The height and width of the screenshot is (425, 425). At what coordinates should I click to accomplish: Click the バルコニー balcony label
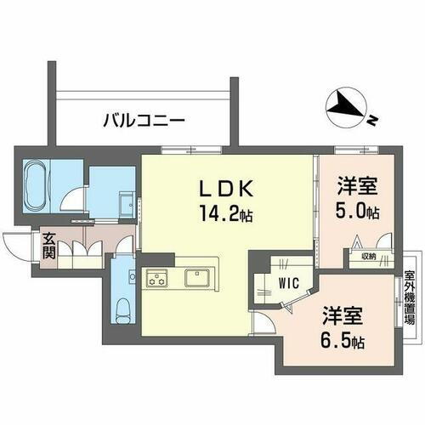(144, 122)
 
